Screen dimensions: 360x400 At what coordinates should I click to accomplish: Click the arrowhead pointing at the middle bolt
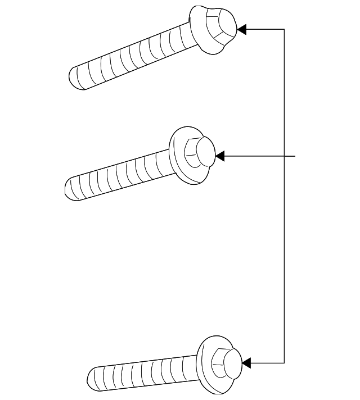click(x=220, y=156)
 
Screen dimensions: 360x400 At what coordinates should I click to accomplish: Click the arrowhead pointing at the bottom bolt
click(x=246, y=363)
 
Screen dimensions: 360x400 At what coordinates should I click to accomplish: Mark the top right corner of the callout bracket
click(x=284, y=29)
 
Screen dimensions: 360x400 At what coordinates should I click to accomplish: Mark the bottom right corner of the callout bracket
click(x=284, y=363)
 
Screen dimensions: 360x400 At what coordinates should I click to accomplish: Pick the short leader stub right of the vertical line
click(x=290, y=156)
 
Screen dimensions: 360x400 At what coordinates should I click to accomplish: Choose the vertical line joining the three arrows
click(x=284, y=253)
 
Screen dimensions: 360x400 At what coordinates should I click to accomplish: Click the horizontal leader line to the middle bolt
click(x=253, y=156)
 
